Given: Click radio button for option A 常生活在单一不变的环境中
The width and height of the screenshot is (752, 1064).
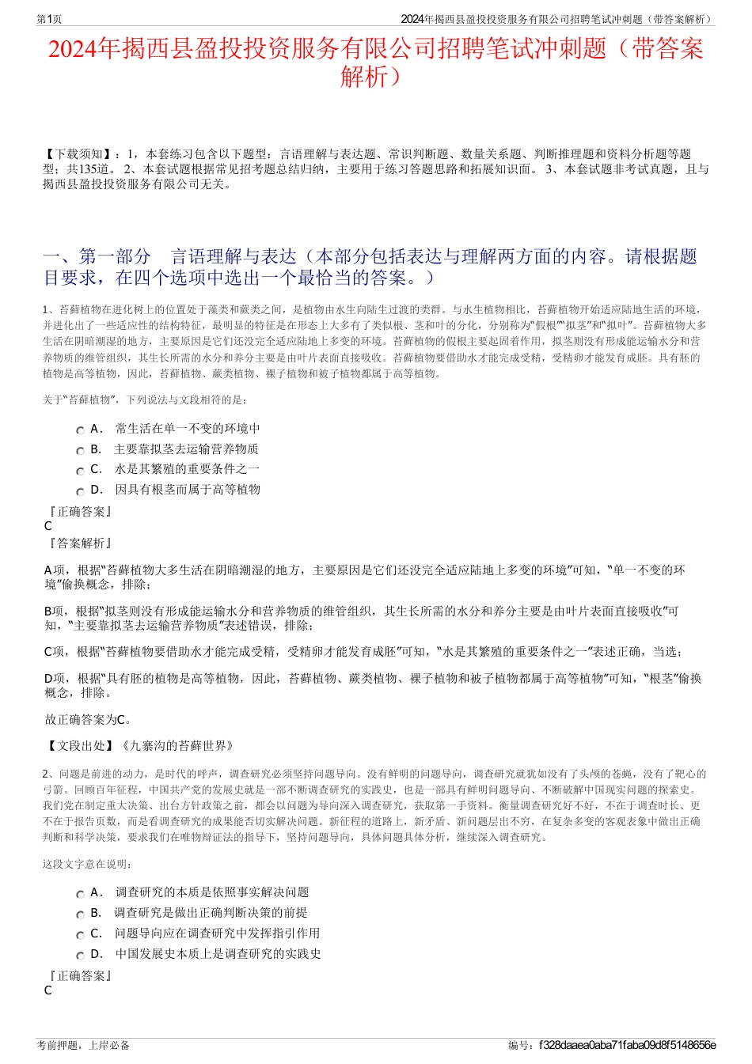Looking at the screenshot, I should click(81, 430).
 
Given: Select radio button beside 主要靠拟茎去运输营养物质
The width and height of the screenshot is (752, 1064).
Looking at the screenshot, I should click(81, 451).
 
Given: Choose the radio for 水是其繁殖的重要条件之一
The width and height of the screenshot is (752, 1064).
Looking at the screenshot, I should click(81, 471).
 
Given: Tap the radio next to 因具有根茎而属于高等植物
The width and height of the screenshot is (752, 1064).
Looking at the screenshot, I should click(81, 491).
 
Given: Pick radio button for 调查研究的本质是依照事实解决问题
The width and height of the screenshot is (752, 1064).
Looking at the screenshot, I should click(81, 894).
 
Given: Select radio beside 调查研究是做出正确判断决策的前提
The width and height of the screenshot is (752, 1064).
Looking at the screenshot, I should click(81, 914).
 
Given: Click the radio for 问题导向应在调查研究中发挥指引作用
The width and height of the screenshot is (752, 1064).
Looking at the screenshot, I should click(81, 935).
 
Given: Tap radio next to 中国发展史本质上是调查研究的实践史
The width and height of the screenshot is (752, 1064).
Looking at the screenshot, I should click(81, 956).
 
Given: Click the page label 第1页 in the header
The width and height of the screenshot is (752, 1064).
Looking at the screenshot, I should click(49, 19).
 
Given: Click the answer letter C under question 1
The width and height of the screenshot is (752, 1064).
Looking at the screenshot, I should click(48, 526).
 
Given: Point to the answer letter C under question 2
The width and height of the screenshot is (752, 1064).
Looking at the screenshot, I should click(48, 990).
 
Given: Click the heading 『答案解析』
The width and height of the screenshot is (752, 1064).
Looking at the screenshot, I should click(79, 543).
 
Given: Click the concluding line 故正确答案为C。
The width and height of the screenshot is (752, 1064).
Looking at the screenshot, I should click(89, 720).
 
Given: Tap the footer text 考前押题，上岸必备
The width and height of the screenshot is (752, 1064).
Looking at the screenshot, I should click(84, 1046).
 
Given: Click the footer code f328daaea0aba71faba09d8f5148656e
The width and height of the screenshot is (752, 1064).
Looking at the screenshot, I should click(627, 1046).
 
